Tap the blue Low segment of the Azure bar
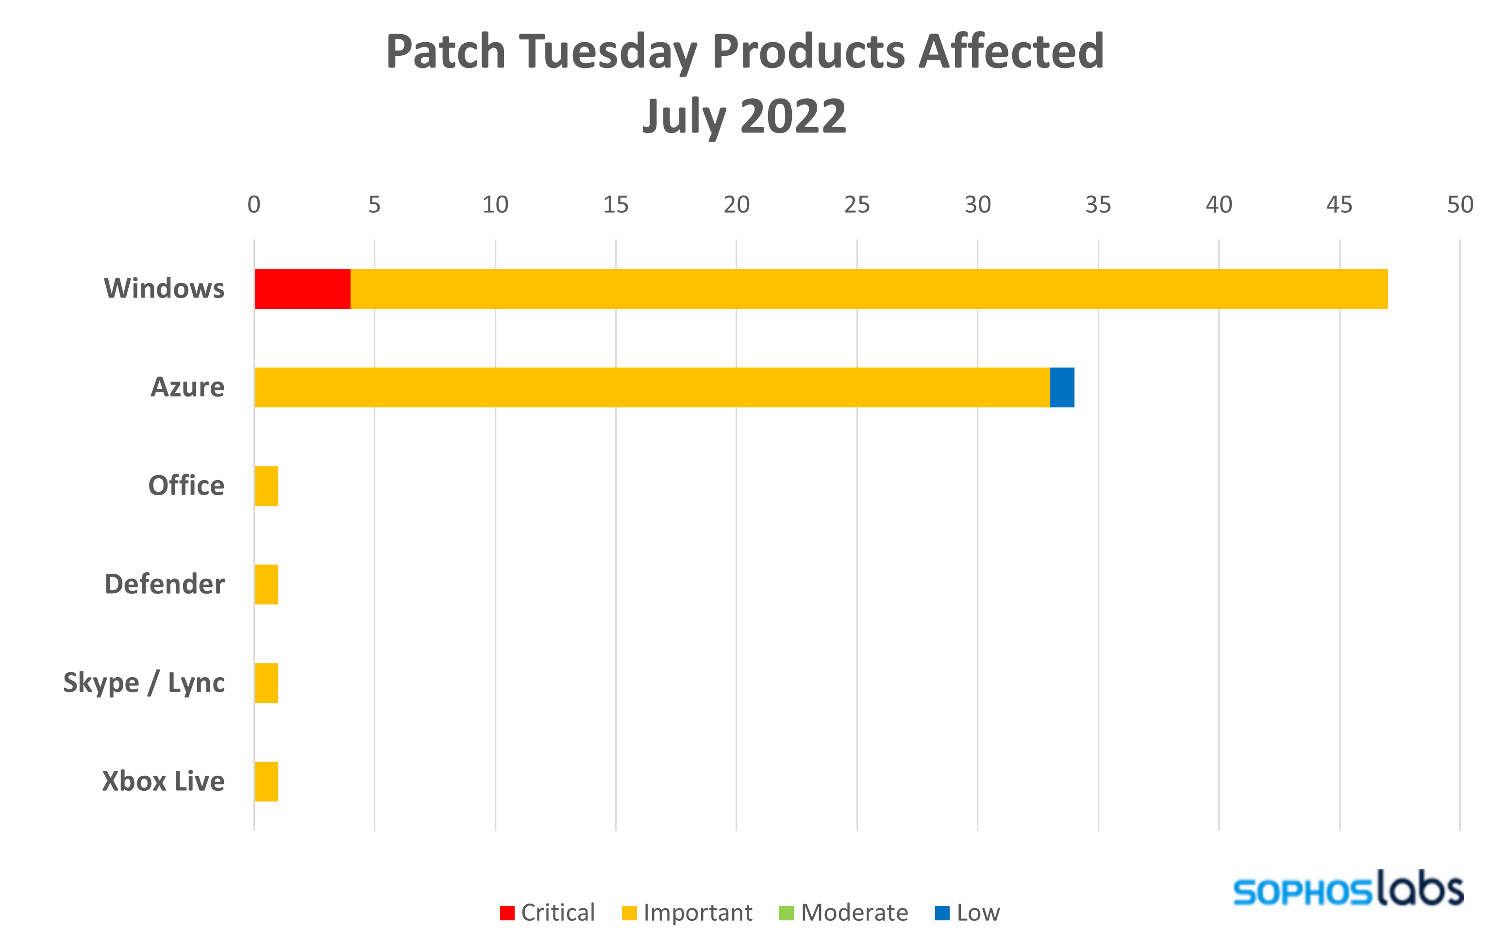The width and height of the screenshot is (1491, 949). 1062,387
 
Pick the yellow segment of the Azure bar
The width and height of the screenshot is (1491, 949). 650,387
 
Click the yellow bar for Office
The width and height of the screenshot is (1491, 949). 266,486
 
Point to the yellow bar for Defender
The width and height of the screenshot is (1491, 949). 266,584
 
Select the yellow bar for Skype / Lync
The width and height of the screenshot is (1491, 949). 266,683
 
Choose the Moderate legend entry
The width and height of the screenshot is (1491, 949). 843,913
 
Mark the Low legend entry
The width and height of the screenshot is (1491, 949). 967,913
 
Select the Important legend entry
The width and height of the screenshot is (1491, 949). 687,913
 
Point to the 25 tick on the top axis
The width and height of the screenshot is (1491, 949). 857,205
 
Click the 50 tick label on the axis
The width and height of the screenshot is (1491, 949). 1459,205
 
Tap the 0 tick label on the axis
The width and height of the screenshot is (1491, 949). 254,205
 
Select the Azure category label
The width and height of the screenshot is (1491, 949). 187,387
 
